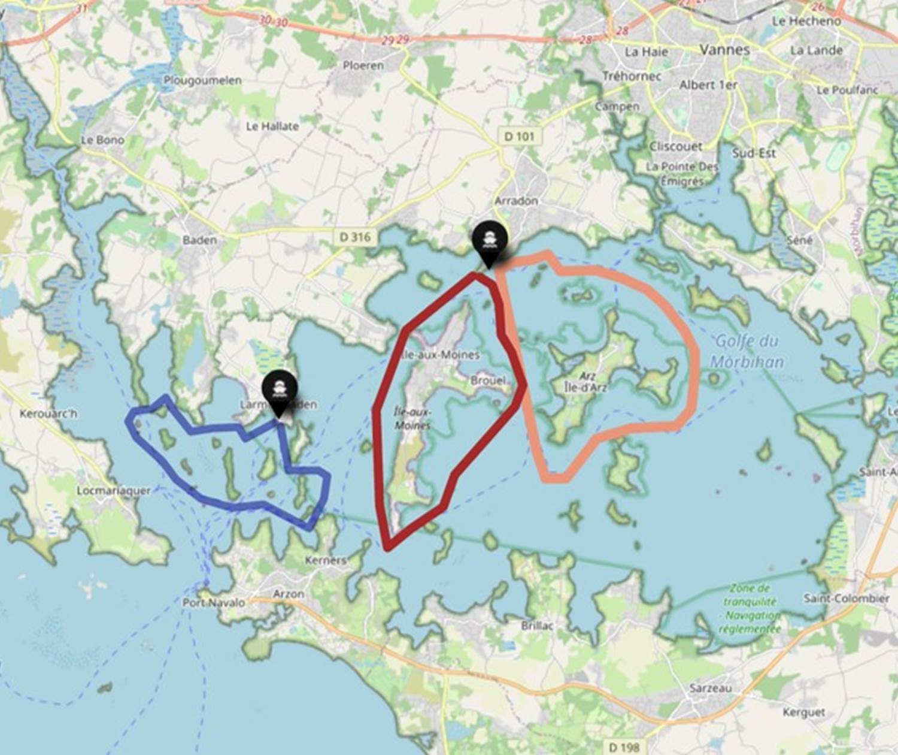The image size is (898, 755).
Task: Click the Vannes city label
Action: [x=724, y=50]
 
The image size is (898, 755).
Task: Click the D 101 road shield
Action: [x=519, y=136]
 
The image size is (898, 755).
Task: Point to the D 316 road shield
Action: [x=355, y=237]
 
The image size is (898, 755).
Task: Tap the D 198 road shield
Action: [x=624, y=747]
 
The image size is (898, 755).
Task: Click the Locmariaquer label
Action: [x=114, y=490]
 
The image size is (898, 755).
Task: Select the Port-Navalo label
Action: [x=214, y=602]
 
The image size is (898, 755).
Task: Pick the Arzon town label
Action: [x=289, y=593]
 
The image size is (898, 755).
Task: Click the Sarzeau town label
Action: [x=710, y=688]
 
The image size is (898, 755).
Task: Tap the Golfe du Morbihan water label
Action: [x=747, y=351]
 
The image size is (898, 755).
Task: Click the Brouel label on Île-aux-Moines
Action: [x=488, y=380]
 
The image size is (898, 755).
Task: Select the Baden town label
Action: [x=199, y=240]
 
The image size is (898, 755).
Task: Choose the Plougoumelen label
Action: [x=202, y=80]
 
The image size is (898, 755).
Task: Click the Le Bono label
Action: [x=102, y=140]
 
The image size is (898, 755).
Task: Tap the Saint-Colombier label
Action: [x=847, y=598]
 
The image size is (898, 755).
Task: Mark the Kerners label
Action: [x=325, y=560]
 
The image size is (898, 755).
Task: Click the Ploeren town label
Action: [x=363, y=65]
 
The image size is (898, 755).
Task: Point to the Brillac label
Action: [x=537, y=625]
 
